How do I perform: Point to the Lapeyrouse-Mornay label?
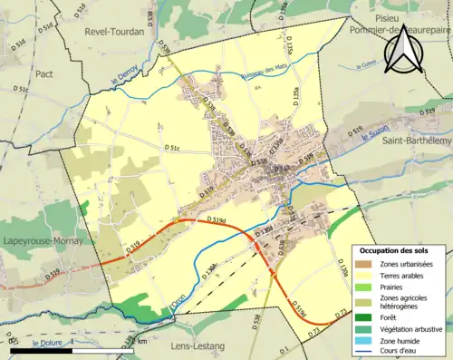coord(43,242)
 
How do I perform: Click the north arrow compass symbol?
coord(404,50)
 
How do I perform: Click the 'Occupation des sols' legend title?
coord(396,250)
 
